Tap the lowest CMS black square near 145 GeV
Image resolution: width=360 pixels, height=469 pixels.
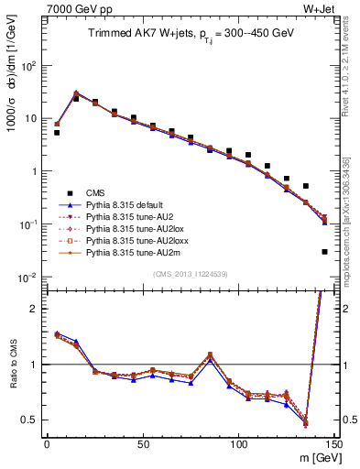(324, 251)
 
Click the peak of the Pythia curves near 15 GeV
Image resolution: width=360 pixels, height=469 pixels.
(76, 93)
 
